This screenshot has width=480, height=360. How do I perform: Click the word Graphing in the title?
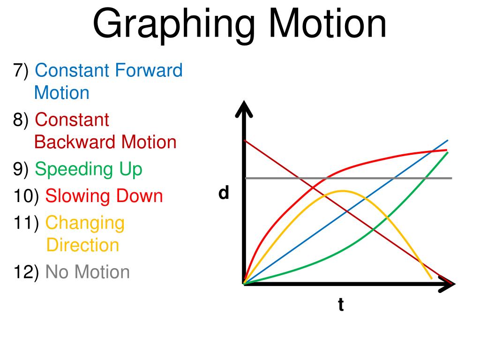(174, 25)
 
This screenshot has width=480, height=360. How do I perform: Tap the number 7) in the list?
(21, 70)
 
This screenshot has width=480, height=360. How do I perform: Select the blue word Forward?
(149, 70)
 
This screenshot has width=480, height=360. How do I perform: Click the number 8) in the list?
(21, 120)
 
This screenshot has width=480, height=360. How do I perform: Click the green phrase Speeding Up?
(89, 170)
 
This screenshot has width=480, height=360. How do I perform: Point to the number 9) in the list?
(21, 169)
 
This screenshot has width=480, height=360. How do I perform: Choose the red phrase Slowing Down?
(104, 196)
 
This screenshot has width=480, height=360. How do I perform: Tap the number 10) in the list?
(26, 196)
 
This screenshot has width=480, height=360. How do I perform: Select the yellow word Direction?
(82, 245)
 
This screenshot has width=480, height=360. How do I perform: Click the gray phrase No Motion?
(88, 272)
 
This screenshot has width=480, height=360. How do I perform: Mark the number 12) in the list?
(26, 272)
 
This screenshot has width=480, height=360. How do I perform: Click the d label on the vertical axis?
(224, 193)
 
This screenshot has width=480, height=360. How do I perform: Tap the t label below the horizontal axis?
(341, 305)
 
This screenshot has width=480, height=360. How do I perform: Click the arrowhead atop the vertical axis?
(244, 109)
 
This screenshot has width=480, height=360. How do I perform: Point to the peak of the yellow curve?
(342, 191)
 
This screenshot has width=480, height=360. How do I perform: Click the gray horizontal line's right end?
(452, 178)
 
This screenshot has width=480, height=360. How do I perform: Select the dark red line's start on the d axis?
(245, 140)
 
